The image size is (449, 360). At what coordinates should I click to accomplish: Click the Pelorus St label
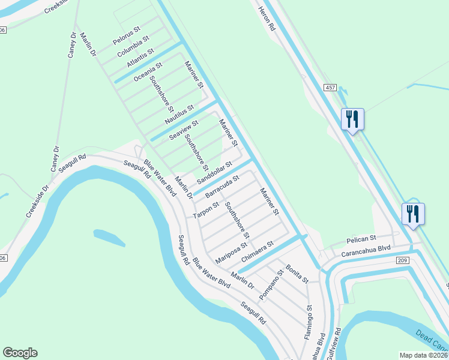pos(127,36)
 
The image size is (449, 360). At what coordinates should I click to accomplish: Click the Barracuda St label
pos(222,187)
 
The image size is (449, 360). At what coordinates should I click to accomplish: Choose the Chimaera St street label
pos(257,251)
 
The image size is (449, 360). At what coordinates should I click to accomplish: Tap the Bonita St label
pos(297,274)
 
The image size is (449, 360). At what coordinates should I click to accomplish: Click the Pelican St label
pos(361,238)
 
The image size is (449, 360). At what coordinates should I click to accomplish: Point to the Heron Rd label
pos(267,19)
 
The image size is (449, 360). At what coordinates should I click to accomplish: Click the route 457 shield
pos(330,88)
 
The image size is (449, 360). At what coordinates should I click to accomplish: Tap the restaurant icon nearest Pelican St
pos(413,214)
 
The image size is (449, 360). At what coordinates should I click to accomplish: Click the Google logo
pos(20,353)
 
